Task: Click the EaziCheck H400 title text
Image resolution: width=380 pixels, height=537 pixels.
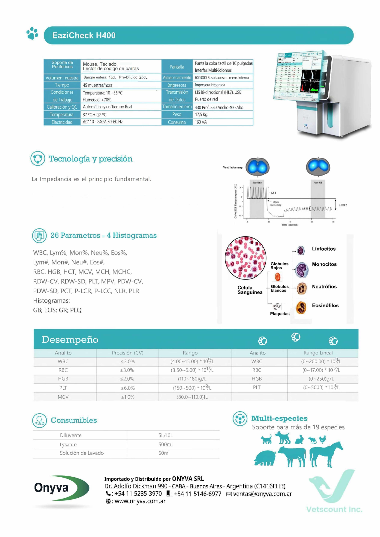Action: (x=84, y=35)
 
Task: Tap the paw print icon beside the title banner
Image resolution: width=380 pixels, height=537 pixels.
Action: (x=32, y=34)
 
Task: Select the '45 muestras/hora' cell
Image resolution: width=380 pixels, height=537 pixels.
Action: (x=98, y=85)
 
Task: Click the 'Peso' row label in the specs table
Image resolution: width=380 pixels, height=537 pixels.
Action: (x=177, y=114)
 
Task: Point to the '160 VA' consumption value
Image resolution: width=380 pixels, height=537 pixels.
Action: (x=201, y=122)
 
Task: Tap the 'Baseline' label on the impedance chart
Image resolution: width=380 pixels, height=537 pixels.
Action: (x=257, y=183)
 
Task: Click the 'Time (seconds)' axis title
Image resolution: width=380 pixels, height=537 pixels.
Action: (x=290, y=225)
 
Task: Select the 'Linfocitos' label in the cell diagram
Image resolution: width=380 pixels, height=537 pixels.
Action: (x=324, y=249)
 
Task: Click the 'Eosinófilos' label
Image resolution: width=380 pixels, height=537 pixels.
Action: (x=325, y=306)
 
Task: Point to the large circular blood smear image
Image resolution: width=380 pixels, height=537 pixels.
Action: (x=246, y=258)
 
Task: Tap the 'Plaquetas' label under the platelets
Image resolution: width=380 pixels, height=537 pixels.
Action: (x=279, y=314)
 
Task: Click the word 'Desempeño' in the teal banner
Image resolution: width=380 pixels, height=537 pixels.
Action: (x=70, y=339)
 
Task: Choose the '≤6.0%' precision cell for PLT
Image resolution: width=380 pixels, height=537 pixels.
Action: (x=128, y=388)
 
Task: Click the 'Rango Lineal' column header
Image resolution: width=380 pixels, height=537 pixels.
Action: (x=318, y=353)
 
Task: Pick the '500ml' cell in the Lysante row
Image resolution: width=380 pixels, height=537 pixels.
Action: (x=165, y=444)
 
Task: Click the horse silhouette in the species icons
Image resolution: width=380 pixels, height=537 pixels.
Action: (x=326, y=453)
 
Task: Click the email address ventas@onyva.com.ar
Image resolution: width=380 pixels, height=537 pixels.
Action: (x=262, y=494)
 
